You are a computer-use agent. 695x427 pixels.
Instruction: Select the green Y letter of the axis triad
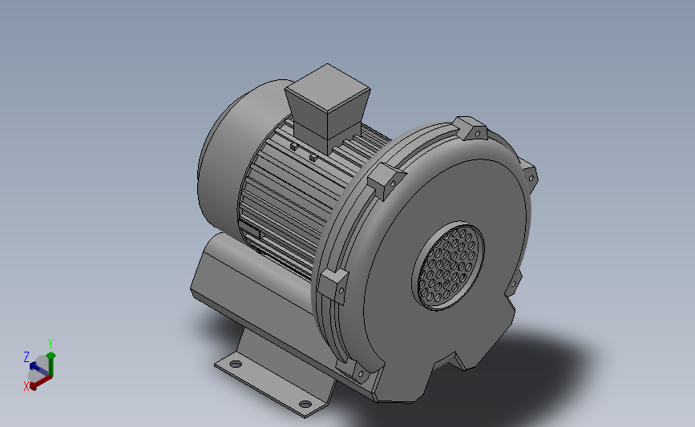(x=51, y=343)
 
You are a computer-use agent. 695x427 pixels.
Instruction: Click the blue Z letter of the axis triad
(x=26, y=357)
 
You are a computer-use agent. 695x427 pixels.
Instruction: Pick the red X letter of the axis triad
(x=26, y=385)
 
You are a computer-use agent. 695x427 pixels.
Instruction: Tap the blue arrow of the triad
(x=37, y=367)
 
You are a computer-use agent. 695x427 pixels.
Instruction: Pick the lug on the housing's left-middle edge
(x=335, y=284)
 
